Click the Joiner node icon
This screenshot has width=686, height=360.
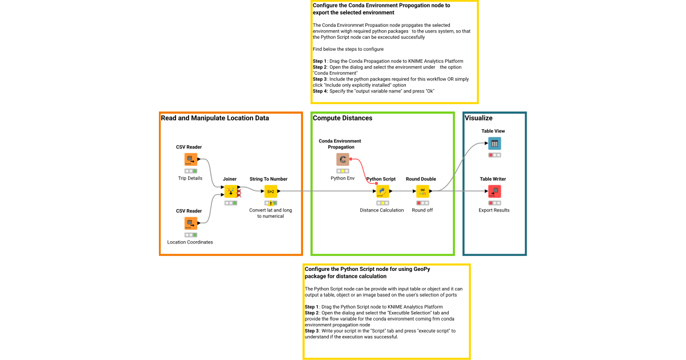click(230, 191)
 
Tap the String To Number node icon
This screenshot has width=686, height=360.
click(270, 191)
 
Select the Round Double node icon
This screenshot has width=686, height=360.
click(422, 191)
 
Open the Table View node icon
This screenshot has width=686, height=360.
click(494, 143)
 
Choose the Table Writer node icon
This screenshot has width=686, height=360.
click(494, 191)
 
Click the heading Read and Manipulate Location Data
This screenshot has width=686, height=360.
click(215, 118)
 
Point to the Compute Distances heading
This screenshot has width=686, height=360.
click(342, 118)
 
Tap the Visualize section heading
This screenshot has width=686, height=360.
click(478, 118)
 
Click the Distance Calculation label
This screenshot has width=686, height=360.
click(381, 210)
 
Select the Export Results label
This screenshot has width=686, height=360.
click(494, 210)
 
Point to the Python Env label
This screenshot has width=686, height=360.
click(343, 178)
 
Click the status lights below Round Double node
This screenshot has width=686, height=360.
click(422, 203)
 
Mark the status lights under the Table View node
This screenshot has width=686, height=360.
click(494, 155)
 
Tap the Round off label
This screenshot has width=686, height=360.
click(422, 210)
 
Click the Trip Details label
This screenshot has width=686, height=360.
click(190, 178)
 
